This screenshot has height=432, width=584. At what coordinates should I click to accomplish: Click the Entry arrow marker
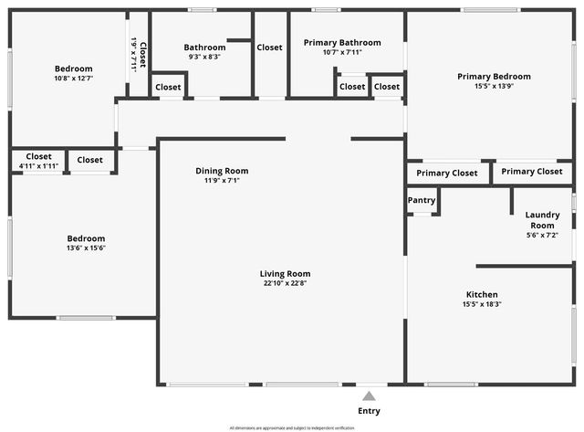(369, 395)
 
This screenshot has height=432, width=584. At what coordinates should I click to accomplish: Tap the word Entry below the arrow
(369, 411)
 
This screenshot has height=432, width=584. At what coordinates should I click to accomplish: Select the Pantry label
(422, 201)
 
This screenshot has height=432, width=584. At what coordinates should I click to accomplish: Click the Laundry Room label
(542, 220)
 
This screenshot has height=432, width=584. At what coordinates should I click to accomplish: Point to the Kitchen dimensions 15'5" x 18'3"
(482, 304)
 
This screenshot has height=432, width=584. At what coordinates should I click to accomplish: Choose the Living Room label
(286, 273)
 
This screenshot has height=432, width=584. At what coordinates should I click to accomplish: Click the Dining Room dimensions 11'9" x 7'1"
(222, 181)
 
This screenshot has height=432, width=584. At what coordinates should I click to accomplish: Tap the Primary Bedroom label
(494, 77)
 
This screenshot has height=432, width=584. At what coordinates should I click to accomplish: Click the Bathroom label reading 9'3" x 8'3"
(204, 57)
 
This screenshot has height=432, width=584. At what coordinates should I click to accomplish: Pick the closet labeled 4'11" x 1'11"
(38, 165)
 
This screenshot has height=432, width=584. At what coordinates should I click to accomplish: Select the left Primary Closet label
(447, 173)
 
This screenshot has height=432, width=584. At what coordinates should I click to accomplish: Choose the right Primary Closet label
(532, 172)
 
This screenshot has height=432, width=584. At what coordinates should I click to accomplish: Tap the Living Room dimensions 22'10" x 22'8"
(286, 283)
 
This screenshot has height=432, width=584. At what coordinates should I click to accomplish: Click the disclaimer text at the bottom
(292, 427)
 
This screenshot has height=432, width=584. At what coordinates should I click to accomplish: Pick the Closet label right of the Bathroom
(269, 47)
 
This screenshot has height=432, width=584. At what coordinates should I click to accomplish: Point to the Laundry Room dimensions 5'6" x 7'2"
(542, 236)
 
